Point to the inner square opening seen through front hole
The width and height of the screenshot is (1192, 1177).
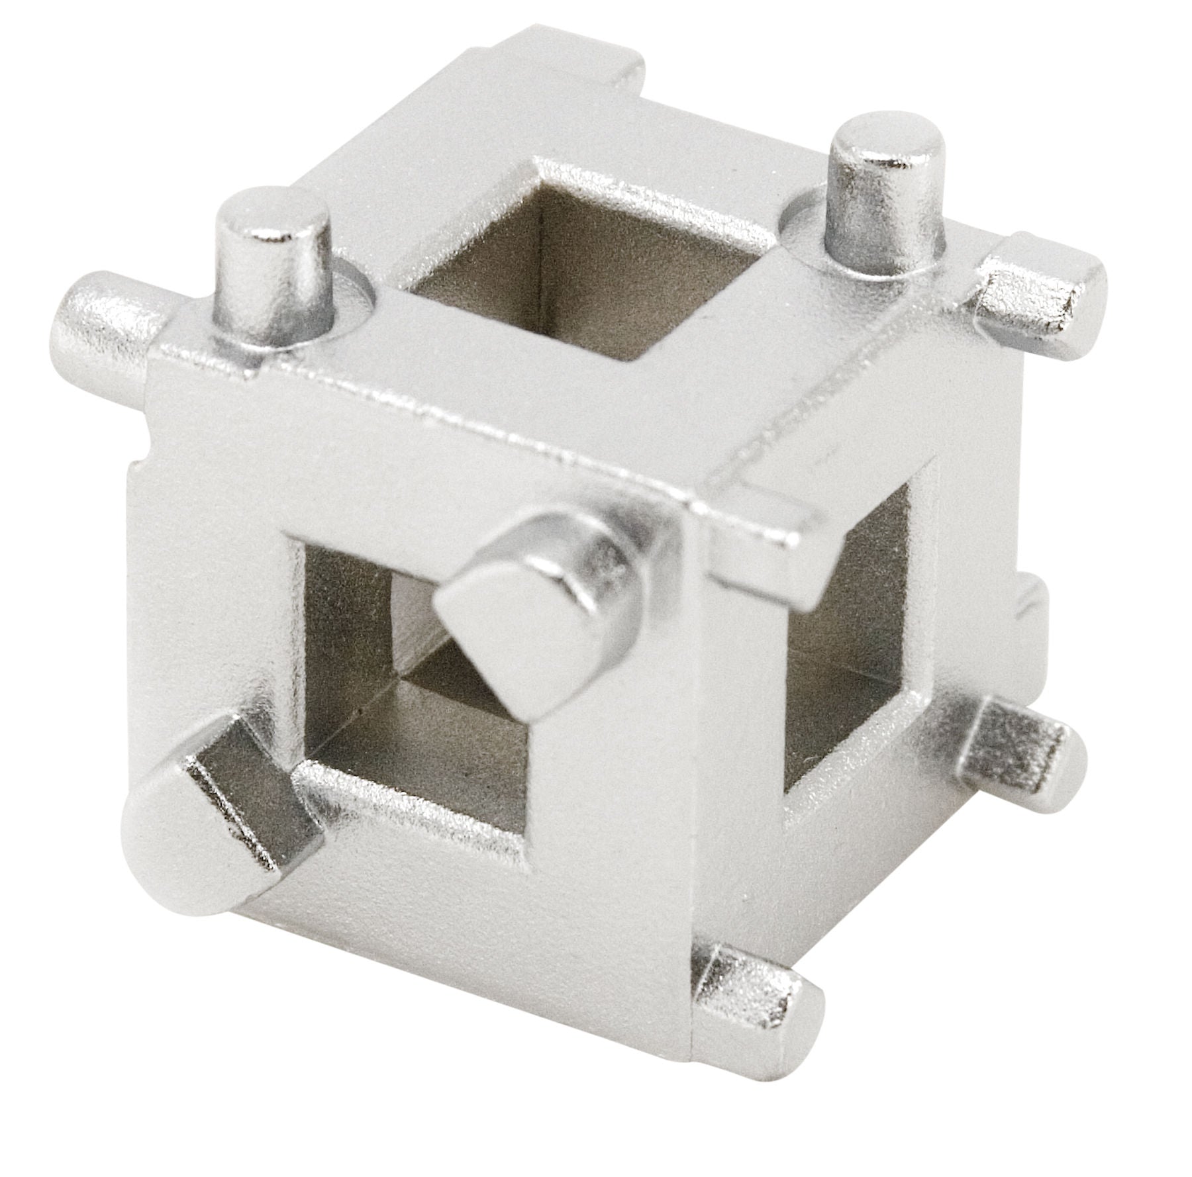(424, 636)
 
